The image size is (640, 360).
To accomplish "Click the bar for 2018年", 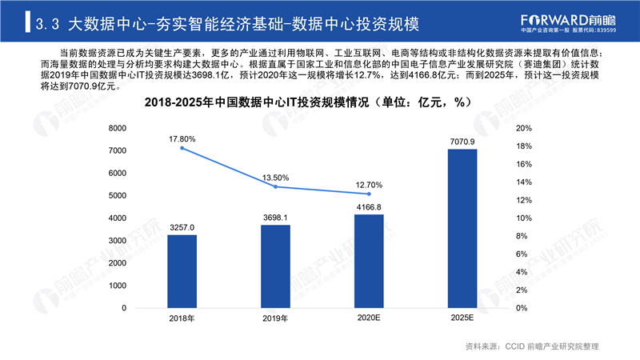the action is click(182, 271).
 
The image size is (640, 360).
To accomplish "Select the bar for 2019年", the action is click(275, 266).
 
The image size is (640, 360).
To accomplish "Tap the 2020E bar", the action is click(369, 262).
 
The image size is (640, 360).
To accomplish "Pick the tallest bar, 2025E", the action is click(462, 229).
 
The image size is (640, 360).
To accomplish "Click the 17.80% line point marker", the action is click(182, 148).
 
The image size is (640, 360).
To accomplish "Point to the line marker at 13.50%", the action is click(275, 187).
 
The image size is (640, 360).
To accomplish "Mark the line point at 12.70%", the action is click(369, 194).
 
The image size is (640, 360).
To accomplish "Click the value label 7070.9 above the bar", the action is click(462, 142).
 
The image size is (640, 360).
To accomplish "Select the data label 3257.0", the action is click(182, 227).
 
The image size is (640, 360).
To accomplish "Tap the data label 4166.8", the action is click(369, 207).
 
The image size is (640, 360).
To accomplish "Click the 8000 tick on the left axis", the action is click(118, 128).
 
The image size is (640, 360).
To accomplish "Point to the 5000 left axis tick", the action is click(118, 195).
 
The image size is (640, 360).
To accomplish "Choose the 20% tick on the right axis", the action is click(524, 128).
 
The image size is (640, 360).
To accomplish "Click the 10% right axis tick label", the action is click(524, 218).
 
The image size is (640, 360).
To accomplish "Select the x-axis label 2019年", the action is click(275, 318).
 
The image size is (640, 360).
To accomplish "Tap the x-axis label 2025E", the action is click(462, 318).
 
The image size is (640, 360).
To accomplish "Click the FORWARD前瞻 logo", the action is click(568, 23).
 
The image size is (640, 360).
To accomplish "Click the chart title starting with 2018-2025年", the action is click(308, 102).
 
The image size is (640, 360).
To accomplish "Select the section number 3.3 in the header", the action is click(47, 24).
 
